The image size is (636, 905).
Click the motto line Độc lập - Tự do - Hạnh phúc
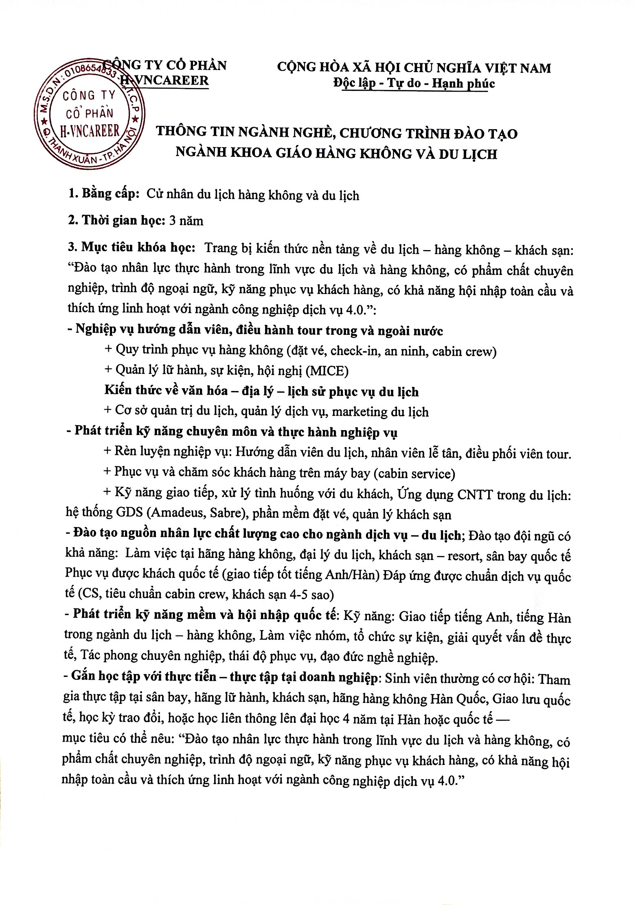tap(414, 83)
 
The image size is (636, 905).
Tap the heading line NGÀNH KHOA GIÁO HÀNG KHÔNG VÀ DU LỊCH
tap(336, 154)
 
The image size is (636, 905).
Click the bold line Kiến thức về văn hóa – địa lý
tap(261, 391)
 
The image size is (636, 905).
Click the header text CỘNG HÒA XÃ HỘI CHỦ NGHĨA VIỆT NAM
tap(414, 67)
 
